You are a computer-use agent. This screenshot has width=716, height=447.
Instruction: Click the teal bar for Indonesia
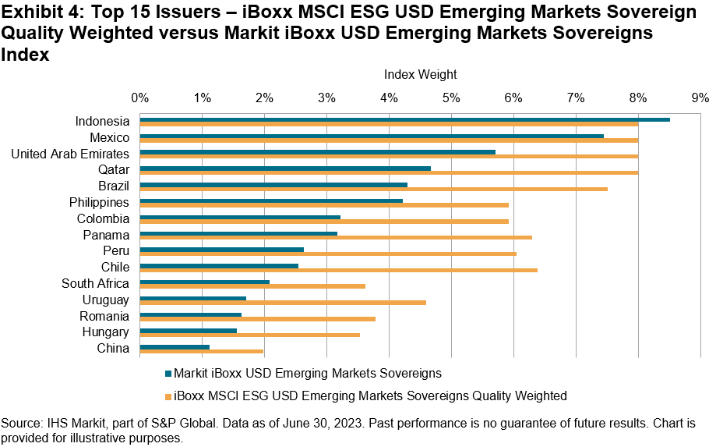coord(404,119)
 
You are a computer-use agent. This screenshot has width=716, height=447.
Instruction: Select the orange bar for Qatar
coord(389,172)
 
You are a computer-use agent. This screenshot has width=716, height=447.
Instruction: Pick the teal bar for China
coord(175,346)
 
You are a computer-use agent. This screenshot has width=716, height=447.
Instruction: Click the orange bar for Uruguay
coord(283,302)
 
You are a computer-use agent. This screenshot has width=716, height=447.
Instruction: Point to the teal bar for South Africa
coord(204,282)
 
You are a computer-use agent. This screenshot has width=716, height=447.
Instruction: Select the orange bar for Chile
coord(338,270)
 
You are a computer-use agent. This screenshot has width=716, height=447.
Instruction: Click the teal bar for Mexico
coord(372,136)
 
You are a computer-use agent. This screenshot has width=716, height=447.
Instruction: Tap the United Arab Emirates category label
coord(70,154)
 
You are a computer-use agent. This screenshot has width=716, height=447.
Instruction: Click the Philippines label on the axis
coord(99,202)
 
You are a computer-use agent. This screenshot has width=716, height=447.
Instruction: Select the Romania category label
coord(104,316)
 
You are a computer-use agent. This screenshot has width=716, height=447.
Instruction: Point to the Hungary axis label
coord(105,332)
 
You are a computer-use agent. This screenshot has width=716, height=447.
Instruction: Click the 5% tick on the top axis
coord(450,98)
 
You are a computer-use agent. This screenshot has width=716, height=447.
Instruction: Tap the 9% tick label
coord(699,98)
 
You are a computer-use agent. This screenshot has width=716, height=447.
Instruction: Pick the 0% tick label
coord(140,98)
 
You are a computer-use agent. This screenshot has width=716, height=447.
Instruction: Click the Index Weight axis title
coord(420,75)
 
